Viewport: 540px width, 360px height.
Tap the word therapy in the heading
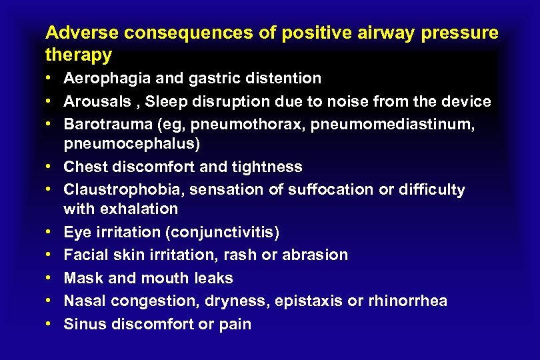(79, 53)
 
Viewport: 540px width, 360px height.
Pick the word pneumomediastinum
(399, 124)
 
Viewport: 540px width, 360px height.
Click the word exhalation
(139, 209)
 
